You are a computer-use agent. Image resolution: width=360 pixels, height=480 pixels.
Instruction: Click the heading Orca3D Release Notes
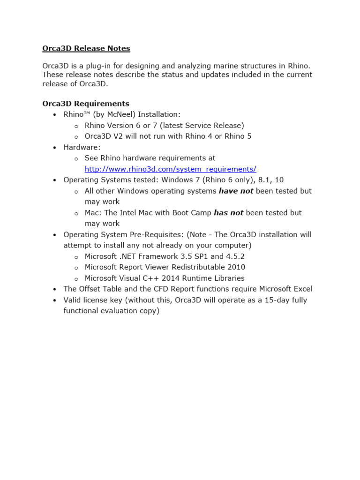click(x=86, y=48)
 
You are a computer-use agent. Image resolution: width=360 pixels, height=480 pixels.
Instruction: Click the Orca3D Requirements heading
click(x=86, y=104)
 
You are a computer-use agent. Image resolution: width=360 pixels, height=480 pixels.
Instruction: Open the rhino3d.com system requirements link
click(x=170, y=169)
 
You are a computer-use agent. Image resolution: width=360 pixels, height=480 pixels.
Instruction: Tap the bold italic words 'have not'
click(x=236, y=191)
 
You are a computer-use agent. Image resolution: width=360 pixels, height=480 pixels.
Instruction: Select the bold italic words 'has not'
click(x=228, y=213)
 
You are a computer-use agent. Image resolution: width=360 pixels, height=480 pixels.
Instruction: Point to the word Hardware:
click(x=82, y=147)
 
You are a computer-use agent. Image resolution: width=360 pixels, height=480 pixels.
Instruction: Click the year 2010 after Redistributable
click(x=236, y=267)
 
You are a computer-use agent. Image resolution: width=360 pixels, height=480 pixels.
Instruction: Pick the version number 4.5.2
click(x=235, y=256)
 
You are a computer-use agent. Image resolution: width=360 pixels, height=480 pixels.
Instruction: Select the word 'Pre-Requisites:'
click(x=160, y=234)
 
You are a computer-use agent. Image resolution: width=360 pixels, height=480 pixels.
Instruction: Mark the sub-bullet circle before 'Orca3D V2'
click(x=76, y=137)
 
